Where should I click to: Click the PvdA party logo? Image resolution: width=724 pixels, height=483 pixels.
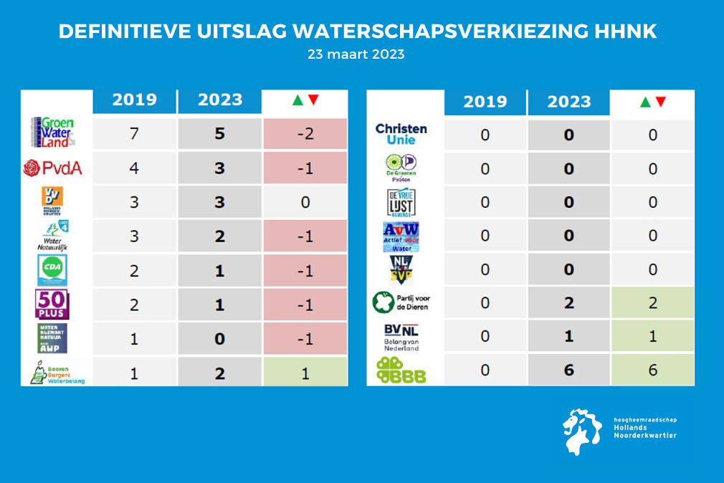[x=52, y=168]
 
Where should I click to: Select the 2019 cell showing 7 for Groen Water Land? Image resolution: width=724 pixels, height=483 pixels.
[x=134, y=134]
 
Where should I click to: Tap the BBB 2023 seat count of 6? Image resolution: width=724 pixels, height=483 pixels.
[x=568, y=370]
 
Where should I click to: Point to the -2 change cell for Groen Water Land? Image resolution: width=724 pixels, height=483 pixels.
[x=305, y=134]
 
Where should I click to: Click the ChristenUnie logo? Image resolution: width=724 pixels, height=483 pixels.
[x=401, y=133]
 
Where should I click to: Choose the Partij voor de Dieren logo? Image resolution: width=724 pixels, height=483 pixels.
[x=401, y=302]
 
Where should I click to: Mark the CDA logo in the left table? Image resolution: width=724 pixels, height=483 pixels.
[x=52, y=270]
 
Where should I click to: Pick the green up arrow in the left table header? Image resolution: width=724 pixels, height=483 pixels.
[x=297, y=100]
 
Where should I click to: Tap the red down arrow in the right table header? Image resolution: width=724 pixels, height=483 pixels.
[x=660, y=102]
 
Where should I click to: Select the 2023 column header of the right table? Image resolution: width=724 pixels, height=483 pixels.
[x=568, y=102]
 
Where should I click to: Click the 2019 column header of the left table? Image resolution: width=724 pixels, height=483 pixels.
[x=134, y=100]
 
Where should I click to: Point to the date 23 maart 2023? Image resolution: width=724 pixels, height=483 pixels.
[x=356, y=54]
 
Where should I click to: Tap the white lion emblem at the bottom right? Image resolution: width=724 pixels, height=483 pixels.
[x=582, y=431]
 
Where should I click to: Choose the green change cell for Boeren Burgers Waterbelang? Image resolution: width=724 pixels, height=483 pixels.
[x=305, y=373]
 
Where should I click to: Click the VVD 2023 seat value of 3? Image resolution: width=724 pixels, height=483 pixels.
[x=219, y=202]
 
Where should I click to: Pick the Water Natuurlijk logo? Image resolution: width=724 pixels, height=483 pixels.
[x=52, y=236]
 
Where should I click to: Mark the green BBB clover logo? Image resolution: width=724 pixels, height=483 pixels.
[x=401, y=370]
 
